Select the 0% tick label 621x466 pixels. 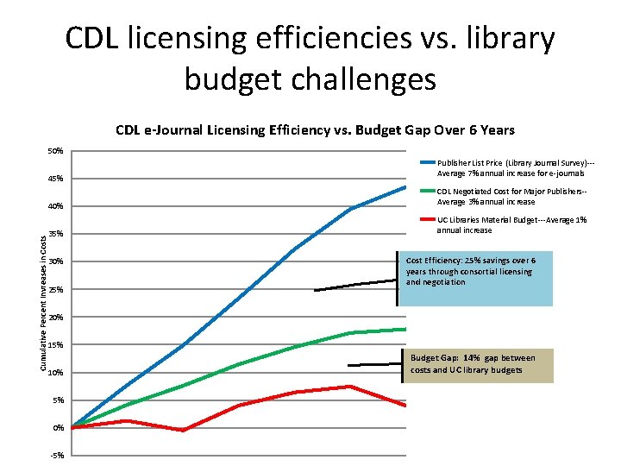[x=58, y=427]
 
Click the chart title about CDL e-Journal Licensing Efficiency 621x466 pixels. [x=315, y=130]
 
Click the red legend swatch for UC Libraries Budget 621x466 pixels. [x=427, y=219]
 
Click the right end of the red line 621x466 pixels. [x=405, y=405]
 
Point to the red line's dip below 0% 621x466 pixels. [x=183, y=430]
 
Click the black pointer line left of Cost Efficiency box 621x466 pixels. [x=355, y=285]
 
